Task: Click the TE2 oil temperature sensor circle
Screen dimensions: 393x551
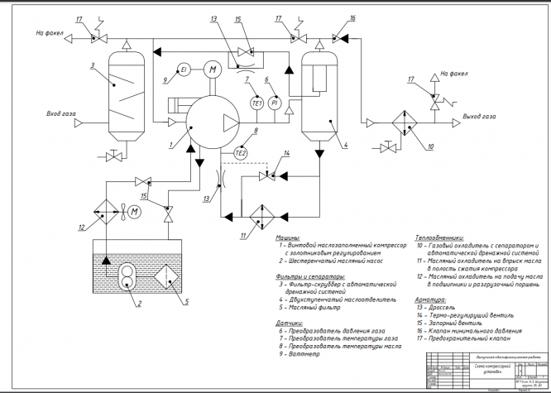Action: (x=241, y=153)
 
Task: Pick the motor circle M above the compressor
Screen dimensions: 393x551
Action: (x=212, y=69)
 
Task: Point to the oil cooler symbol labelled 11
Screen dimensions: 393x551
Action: (x=262, y=213)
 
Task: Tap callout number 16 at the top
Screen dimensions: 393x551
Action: (x=352, y=17)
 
